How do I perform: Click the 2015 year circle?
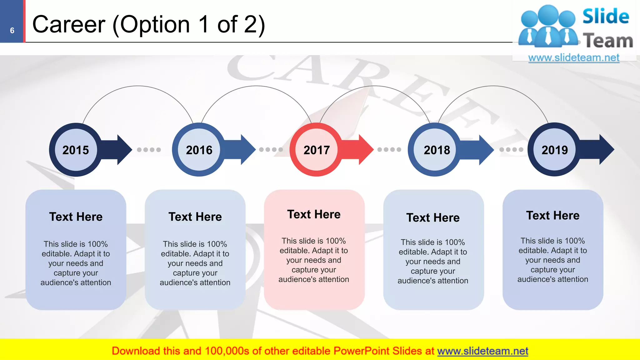click(76, 150)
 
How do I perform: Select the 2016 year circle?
click(199, 150)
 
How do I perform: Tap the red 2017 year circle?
click(316, 150)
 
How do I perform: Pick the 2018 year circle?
click(437, 150)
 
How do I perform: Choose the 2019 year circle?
click(554, 150)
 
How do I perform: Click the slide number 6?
click(12, 31)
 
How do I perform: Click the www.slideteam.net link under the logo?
click(574, 58)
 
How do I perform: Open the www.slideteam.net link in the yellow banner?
click(482, 351)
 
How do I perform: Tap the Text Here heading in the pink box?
click(314, 214)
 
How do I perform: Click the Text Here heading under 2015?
click(76, 217)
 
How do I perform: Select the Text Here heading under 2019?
click(552, 216)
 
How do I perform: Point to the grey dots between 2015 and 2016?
click(149, 150)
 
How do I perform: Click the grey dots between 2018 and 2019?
click(511, 150)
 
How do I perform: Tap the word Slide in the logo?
click(606, 16)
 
